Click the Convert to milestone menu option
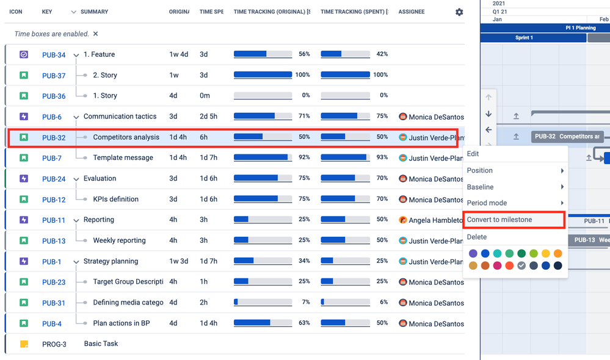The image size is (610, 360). (x=499, y=220)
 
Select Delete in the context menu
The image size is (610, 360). (x=477, y=237)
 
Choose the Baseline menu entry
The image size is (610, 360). (x=481, y=187)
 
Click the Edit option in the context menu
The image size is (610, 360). (x=473, y=154)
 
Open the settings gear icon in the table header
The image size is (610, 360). (x=459, y=12)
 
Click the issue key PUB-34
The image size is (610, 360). (x=54, y=55)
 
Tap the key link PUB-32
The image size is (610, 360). (x=54, y=138)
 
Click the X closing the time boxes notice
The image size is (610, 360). (x=96, y=34)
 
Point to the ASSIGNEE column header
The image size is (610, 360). (x=412, y=12)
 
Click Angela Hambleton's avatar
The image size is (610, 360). (x=403, y=220)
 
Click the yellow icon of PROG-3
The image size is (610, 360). (x=24, y=344)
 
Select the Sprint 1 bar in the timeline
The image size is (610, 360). (x=524, y=38)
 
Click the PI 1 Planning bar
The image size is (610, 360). (x=580, y=28)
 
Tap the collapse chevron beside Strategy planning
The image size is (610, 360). (x=76, y=262)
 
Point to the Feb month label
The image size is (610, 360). (x=603, y=20)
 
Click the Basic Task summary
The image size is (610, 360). (x=101, y=344)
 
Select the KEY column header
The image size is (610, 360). (x=47, y=12)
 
